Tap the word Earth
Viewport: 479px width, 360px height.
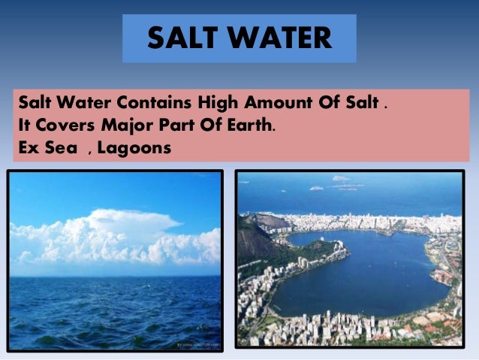tap(246, 125)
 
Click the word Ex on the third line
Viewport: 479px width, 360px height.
tap(28, 148)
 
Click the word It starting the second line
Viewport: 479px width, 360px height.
tap(23, 125)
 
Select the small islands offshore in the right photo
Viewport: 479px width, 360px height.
tap(342, 180)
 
